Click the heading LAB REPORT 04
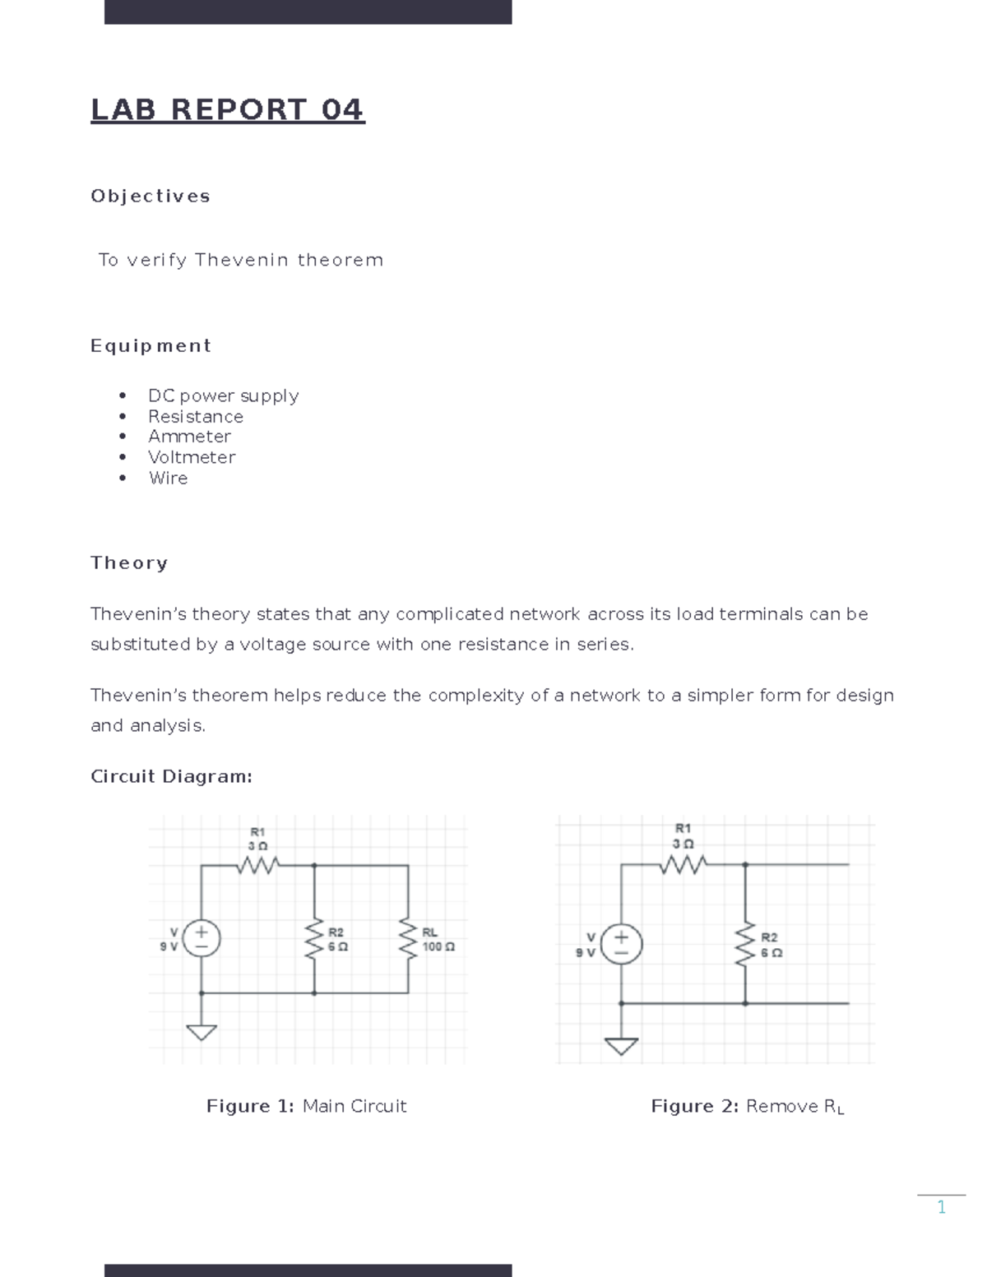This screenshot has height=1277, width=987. [x=227, y=109]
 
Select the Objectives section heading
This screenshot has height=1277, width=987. [x=151, y=196]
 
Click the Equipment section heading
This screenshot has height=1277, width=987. [x=151, y=345]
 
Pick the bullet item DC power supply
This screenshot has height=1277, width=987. [x=223, y=396]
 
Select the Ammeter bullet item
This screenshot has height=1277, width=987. [x=189, y=437]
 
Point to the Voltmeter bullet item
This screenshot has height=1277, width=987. [x=192, y=457]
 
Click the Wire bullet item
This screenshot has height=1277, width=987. [x=168, y=478]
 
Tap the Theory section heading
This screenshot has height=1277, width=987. [x=129, y=562]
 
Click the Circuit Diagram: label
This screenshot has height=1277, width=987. [x=171, y=776]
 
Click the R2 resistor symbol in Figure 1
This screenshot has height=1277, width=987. [x=314, y=939]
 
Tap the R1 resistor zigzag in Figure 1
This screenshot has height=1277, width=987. [x=257, y=865]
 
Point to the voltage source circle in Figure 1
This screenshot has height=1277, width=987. [x=202, y=938]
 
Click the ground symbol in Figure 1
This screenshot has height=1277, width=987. [x=202, y=1031]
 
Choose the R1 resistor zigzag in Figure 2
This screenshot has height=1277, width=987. [x=683, y=864]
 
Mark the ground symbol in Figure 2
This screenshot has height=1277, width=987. [x=622, y=1045]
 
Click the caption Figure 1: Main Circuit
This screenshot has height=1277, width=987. [x=306, y=1106]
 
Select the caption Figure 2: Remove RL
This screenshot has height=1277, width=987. [x=747, y=1107]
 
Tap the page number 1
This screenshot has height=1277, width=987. [x=941, y=1207]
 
